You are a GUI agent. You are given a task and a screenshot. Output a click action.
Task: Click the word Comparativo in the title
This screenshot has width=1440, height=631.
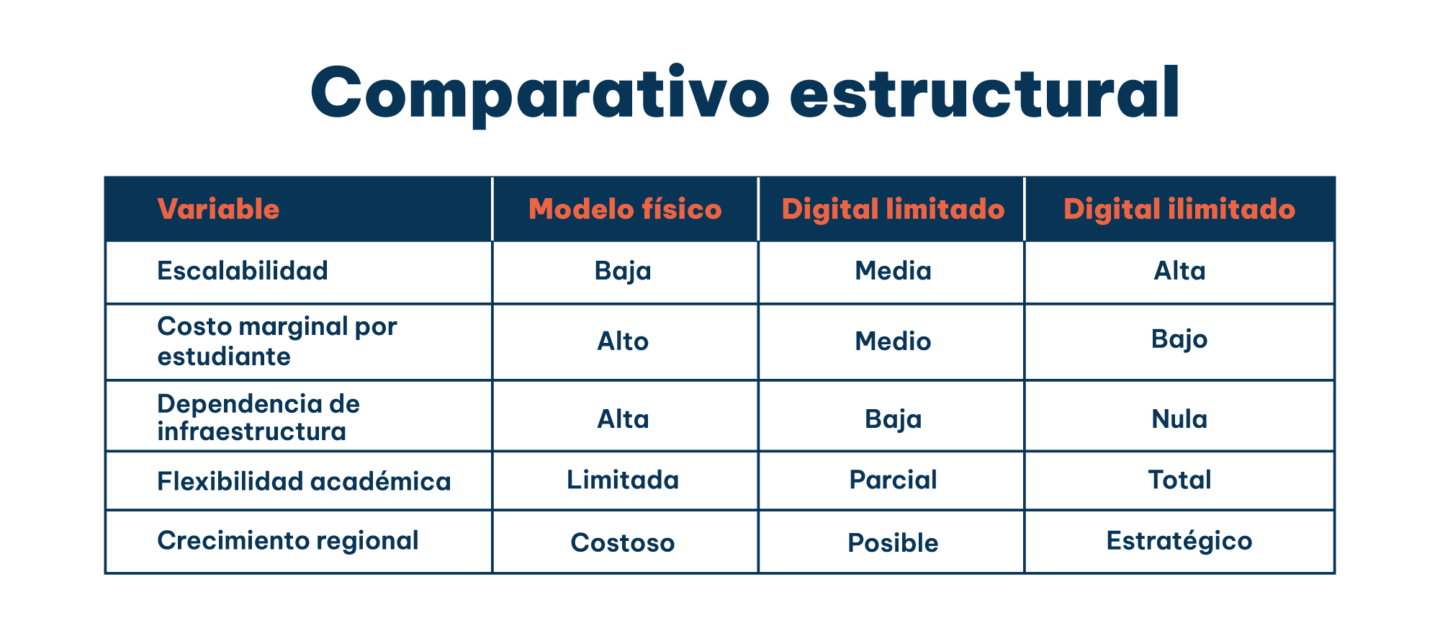point(540,94)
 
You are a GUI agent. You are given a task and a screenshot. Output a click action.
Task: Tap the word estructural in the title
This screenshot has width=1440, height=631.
point(984,94)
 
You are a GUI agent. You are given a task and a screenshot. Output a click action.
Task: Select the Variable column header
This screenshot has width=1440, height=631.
point(218,209)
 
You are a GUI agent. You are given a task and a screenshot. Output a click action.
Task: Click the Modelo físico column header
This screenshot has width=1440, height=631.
point(625,209)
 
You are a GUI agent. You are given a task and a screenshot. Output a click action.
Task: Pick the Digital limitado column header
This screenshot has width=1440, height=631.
point(893,209)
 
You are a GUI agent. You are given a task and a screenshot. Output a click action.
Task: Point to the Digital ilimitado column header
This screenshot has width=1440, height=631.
point(1179,209)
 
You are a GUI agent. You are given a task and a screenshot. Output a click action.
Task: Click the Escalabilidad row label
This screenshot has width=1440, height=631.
point(243,271)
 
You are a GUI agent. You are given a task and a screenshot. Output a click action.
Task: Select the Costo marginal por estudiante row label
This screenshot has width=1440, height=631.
point(276,341)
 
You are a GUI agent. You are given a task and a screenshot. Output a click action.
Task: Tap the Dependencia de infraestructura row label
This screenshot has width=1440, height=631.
point(258,418)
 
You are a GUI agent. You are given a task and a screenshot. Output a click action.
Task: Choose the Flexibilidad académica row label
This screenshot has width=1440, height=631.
point(304,480)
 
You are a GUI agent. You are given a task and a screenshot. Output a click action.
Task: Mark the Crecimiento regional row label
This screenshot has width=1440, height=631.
point(288,540)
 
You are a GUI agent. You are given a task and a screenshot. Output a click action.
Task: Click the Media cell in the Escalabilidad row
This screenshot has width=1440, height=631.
point(893,271)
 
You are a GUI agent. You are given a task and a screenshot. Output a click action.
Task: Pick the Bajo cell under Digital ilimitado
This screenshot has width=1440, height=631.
point(1179,339)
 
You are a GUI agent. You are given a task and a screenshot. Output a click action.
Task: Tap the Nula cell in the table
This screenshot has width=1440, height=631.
point(1179,419)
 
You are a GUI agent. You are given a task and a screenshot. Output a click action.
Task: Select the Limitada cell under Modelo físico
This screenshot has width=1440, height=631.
point(623,480)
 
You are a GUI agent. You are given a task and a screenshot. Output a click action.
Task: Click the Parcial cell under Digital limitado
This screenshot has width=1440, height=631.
point(893,480)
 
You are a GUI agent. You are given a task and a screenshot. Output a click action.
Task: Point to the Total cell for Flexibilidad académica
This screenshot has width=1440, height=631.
point(1179,480)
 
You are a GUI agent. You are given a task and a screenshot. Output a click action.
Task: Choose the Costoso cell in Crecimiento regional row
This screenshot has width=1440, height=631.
point(623,542)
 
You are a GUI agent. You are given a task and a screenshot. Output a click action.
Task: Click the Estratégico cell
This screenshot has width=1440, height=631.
point(1179,541)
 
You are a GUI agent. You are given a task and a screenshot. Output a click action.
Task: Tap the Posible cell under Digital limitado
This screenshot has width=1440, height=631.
point(893,542)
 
